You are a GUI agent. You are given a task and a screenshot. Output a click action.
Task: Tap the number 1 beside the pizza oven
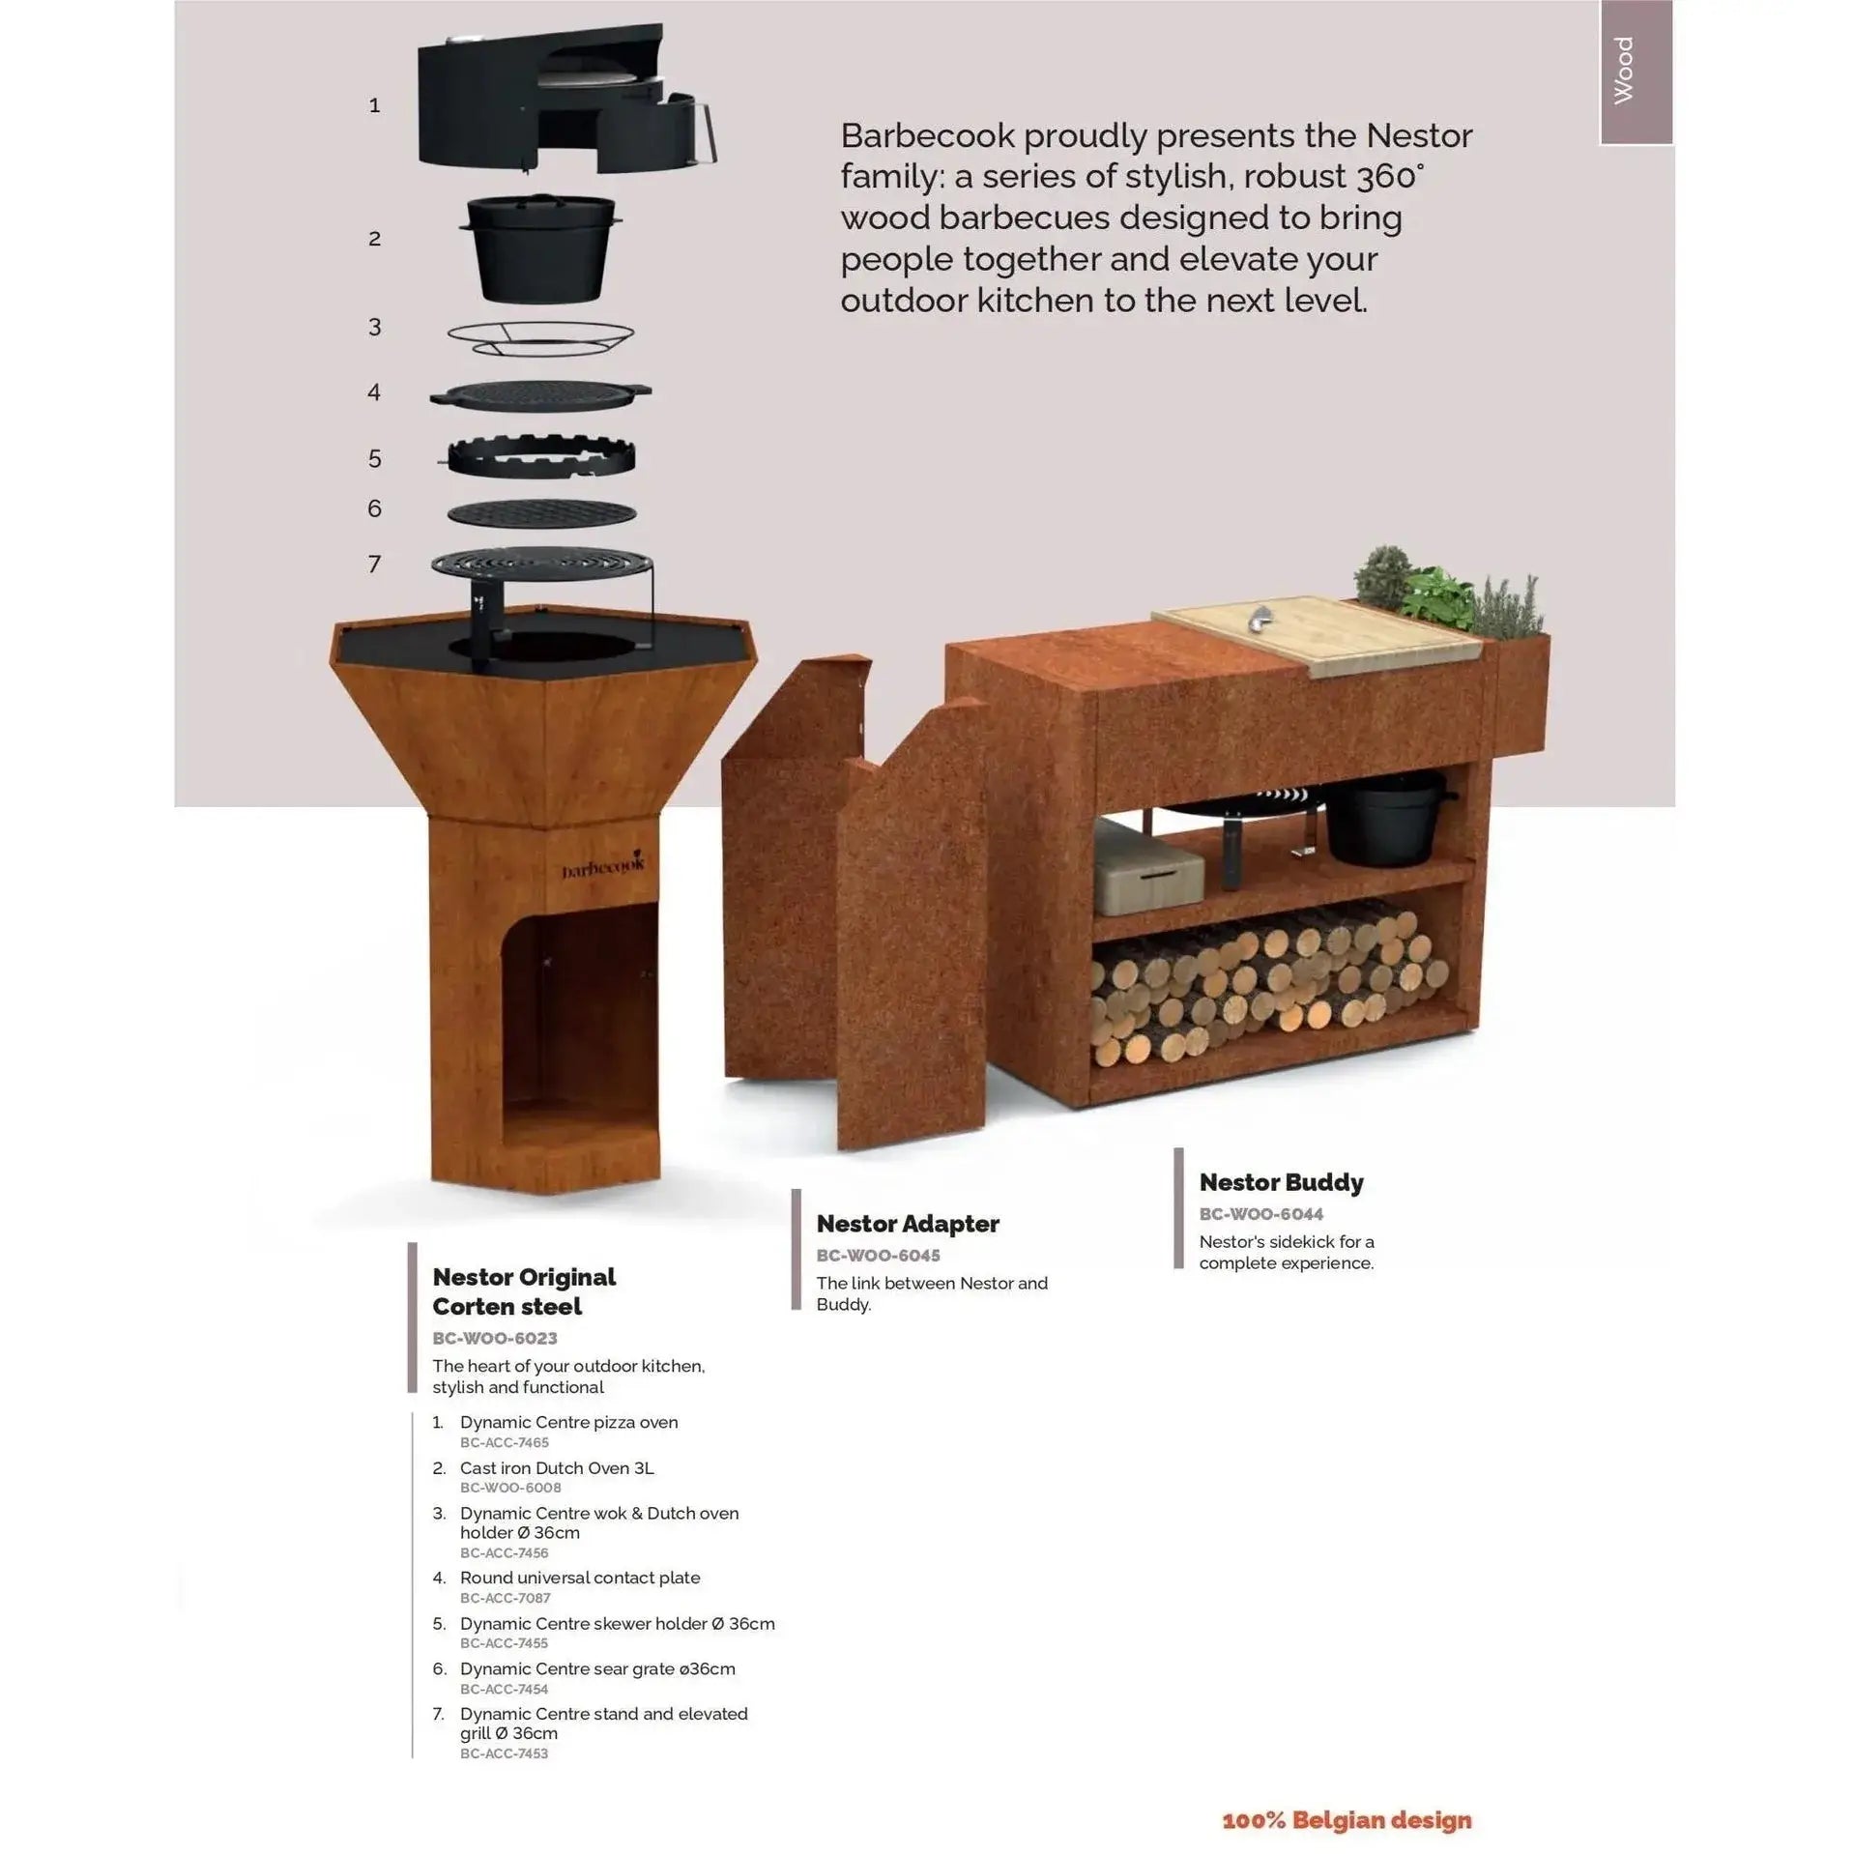(x=375, y=105)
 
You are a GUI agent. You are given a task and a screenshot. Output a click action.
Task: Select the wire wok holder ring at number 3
(x=540, y=337)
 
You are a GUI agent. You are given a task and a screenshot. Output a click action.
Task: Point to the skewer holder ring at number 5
(x=540, y=457)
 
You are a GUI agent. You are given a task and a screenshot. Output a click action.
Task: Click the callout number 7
(x=375, y=565)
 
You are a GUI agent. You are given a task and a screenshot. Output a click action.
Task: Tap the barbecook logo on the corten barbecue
(x=602, y=867)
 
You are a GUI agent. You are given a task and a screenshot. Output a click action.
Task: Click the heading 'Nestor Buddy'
(x=1281, y=1182)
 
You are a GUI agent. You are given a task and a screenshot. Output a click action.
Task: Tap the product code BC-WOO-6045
(x=878, y=1255)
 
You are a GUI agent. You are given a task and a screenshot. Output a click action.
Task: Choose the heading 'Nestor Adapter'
(x=908, y=1224)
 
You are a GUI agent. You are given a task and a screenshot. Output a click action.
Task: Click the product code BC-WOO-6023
(x=495, y=1338)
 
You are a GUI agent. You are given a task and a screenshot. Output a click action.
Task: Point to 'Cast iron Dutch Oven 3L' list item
(x=557, y=1467)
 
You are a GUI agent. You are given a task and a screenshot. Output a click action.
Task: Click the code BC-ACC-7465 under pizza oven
(x=505, y=1442)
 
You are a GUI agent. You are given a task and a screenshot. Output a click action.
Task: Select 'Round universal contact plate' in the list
(x=580, y=1578)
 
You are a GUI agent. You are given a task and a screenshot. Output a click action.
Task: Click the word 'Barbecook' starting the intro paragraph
(x=927, y=136)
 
